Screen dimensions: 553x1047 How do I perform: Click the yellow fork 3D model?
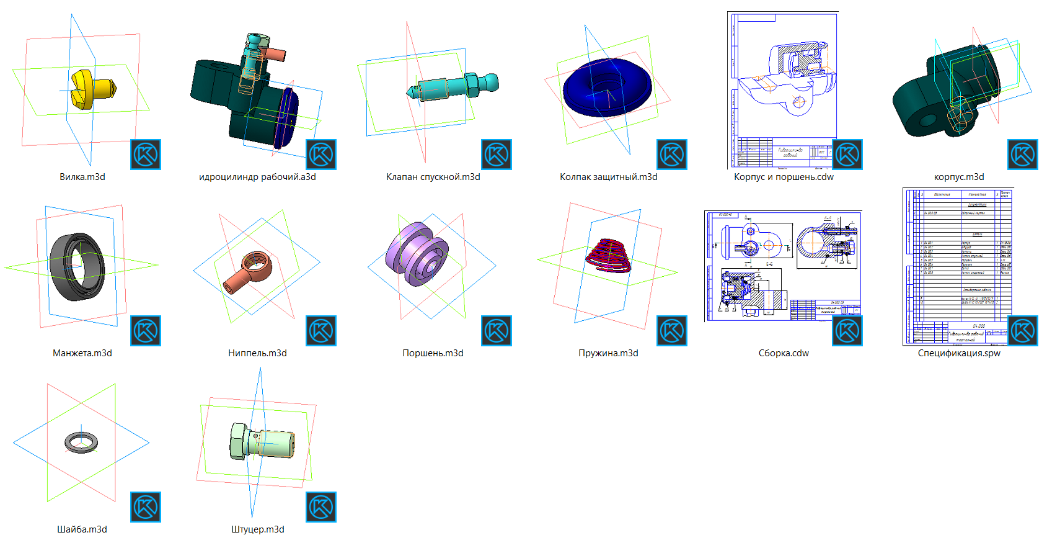pyautogui.click(x=90, y=89)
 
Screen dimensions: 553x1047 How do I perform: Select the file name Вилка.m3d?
pyautogui.click(x=82, y=177)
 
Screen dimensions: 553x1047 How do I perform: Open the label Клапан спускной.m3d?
pyautogui.click(x=433, y=177)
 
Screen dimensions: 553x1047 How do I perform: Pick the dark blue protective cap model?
pyautogui.click(x=607, y=88)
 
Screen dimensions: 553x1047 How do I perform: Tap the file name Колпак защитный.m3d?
pyautogui.click(x=608, y=177)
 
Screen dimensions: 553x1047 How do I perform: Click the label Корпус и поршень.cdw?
pyautogui.click(x=784, y=177)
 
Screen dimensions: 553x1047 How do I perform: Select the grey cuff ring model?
pyautogui.click(x=77, y=267)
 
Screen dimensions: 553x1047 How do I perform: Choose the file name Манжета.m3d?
pyautogui.click(x=82, y=353)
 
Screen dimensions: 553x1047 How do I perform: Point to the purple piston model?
pyautogui.click(x=417, y=254)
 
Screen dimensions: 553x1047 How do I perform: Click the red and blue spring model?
pyautogui.click(x=609, y=256)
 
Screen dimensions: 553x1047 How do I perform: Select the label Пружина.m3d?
pyautogui.click(x=608, y=353)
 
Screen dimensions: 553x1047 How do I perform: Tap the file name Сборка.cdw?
pyautogui.click(x=784, y=353)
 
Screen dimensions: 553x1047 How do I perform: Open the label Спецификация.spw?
pyautogui.click(x=959, y=353)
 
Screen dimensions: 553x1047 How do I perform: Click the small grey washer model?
pyautogui.click(x=81, y=442)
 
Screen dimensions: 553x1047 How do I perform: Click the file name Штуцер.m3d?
pyautogui.click(x=258, y=529)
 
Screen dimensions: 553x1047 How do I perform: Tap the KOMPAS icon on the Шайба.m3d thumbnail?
pyautogui.click(x=146, y=506)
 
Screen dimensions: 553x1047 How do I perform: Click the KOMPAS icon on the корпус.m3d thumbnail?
pyautogui.click(x=1023, y=155)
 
